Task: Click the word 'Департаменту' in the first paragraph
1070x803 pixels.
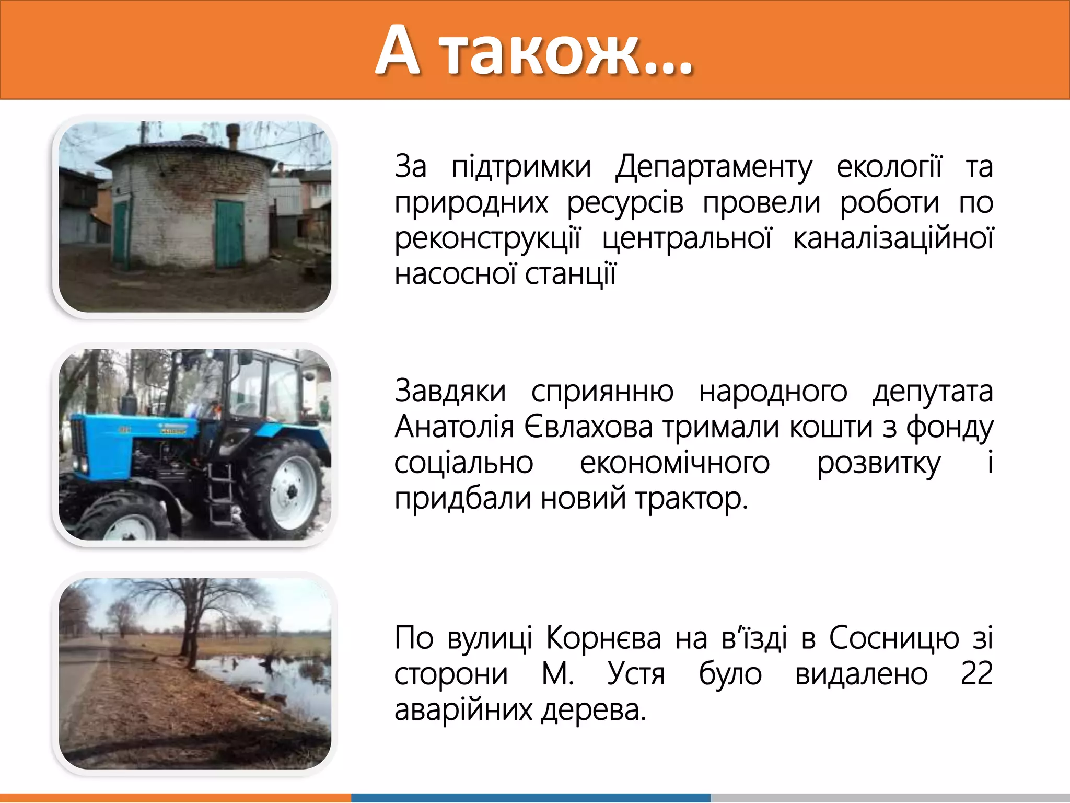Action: pos(714,167)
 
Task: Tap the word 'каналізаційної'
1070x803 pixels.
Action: pos(892,238)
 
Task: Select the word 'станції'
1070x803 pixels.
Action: pos(570,274)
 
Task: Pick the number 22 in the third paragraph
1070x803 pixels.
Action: pos(976,674)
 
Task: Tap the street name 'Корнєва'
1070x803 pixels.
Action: pos(603,638)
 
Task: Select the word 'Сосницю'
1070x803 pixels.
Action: pos(894,638)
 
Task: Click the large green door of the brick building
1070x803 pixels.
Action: pos(229,234)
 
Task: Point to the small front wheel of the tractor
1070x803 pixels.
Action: pos(125,520)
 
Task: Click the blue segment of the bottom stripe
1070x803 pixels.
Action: pos(530,798)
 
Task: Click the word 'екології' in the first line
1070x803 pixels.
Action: pos(889,167)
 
